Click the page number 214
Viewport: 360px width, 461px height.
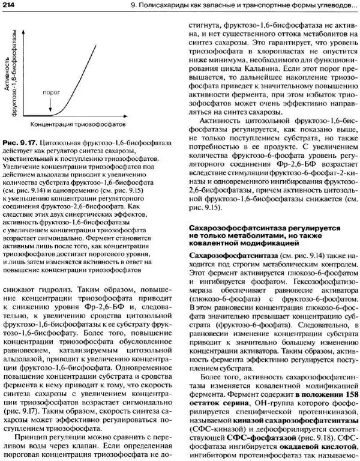click(10, 5)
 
